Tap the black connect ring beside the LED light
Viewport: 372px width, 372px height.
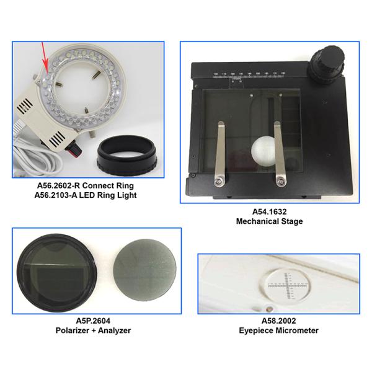(x=126, y=154)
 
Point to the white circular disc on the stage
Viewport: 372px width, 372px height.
(x=264, y=151)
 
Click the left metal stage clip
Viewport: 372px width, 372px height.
(x=219, y=154)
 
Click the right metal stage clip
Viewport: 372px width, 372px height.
(x=279, y=154)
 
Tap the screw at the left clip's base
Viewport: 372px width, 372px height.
(x=219, y=182)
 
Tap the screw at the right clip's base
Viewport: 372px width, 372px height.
(x=281, y=182)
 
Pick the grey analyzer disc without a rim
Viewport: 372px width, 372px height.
(x=144, y=270)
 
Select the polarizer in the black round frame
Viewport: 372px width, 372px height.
(x=57, y=273)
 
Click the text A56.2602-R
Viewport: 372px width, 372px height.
(x=58, y=185)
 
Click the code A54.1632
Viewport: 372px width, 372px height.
(x=270, y=211)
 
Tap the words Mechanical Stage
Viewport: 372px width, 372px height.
(x=270, y=221)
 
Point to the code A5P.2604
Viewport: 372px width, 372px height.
(x=93, y=321)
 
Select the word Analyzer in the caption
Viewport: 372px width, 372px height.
(x=114, y=330)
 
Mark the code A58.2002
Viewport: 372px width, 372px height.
(x=279, y=321)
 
